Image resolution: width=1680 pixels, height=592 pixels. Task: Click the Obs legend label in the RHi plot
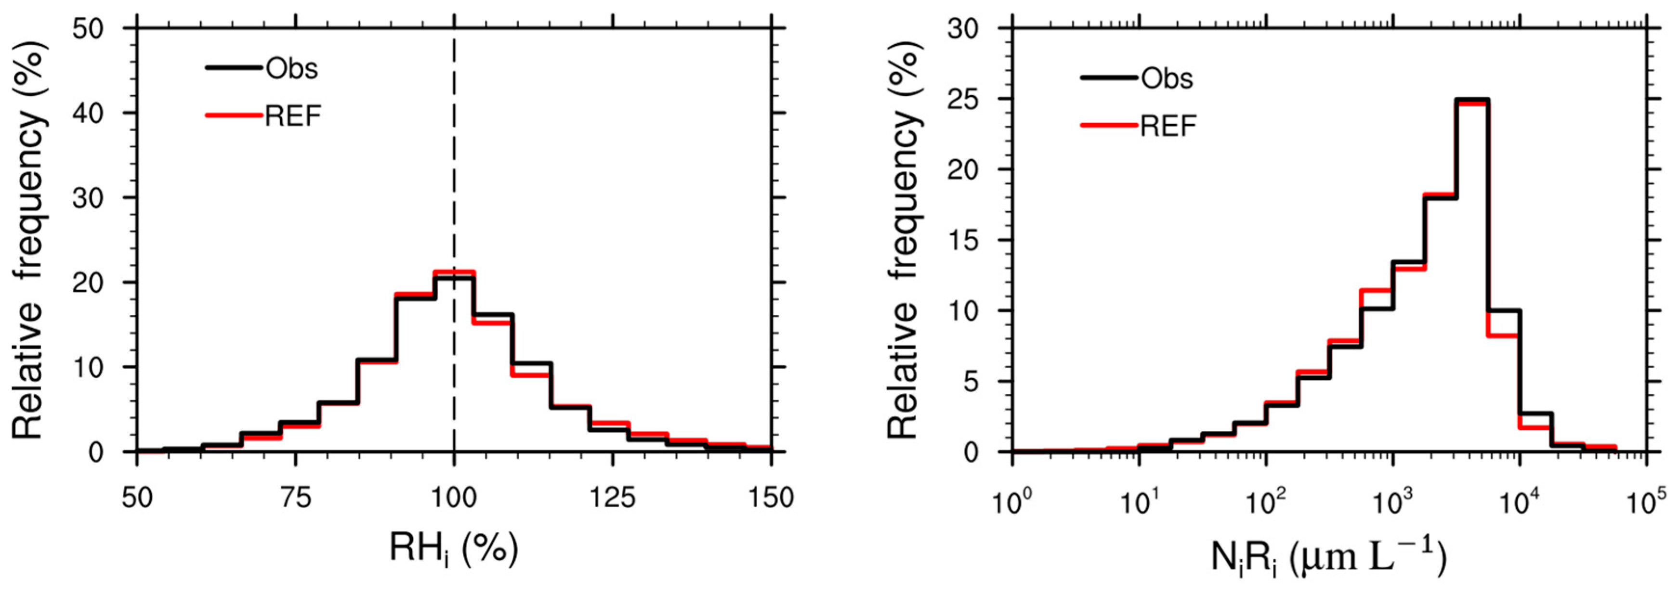pos(291,68)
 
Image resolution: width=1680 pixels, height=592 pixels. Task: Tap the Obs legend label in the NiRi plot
pos(1167,78)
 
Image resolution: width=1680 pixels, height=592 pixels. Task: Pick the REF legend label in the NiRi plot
pos(1168,126)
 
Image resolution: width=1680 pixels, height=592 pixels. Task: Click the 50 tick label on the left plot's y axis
pos(89,29)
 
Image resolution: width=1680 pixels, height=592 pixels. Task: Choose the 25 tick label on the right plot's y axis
pos(963,100)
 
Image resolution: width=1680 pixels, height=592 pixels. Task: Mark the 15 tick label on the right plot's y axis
pos(963,241)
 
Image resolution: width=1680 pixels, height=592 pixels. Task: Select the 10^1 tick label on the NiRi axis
pos(1138,502)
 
